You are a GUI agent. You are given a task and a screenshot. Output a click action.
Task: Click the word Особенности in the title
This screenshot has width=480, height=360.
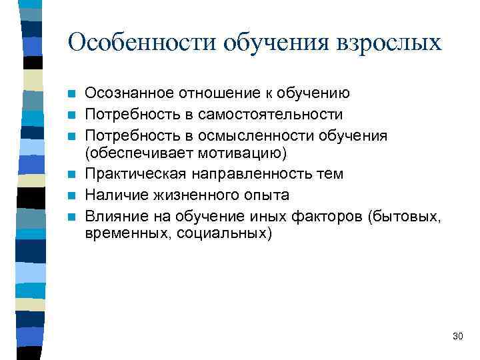(x=143, y=42)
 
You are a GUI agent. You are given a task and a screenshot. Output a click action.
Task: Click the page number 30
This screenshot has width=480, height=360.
(x=457, y=336)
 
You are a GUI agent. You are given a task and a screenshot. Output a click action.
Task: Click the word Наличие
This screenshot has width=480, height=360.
(x=115, y=195)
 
